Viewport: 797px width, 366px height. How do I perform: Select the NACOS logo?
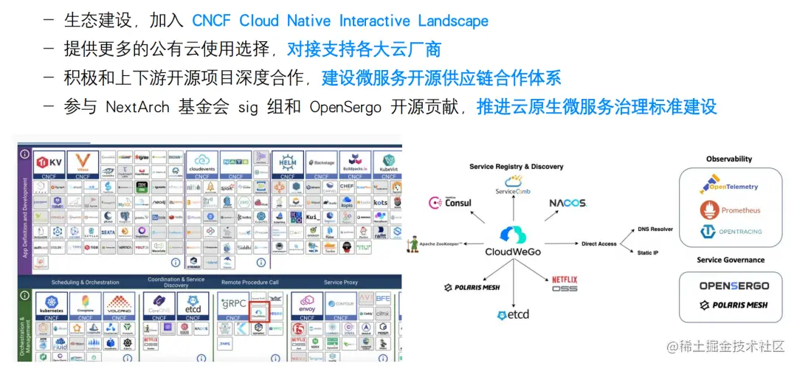pos(567,203)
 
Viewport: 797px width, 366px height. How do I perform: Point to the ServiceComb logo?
pos(516,185)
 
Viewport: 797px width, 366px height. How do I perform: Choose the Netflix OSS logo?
pos(565,284)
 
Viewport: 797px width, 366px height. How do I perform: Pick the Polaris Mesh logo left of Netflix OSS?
pos(472,286)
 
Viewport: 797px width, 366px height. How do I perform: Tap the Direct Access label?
pos(599,243)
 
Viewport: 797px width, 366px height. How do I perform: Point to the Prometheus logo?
pos(731,210)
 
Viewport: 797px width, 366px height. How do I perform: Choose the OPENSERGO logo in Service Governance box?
pos(734,286)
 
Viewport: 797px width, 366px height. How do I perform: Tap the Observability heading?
pos(728,159)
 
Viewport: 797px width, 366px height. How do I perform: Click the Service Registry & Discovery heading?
pos(516,167)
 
